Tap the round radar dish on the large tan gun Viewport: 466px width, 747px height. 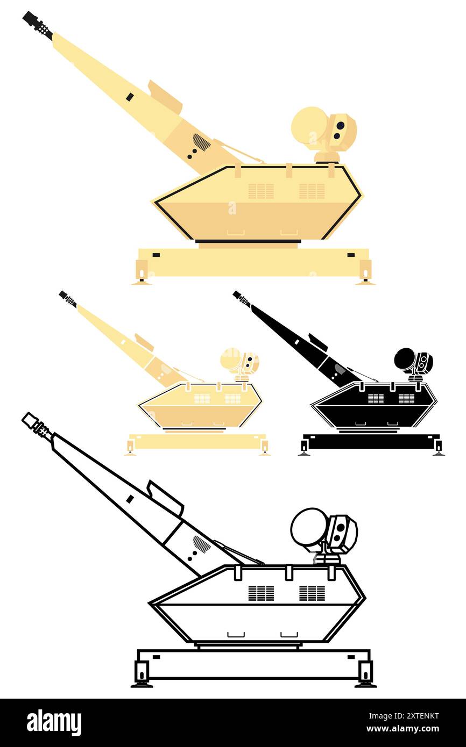tap(309, 125)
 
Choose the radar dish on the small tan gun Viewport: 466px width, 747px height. tap(230, 358)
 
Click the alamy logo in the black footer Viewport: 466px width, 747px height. tap(54, 723)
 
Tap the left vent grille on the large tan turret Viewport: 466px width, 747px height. tap(261, 191)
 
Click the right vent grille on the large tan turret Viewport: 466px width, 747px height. tap(312, 191)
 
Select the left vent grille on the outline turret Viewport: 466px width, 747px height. tap(261, 593)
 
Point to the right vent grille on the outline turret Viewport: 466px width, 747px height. tap(312, 593)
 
